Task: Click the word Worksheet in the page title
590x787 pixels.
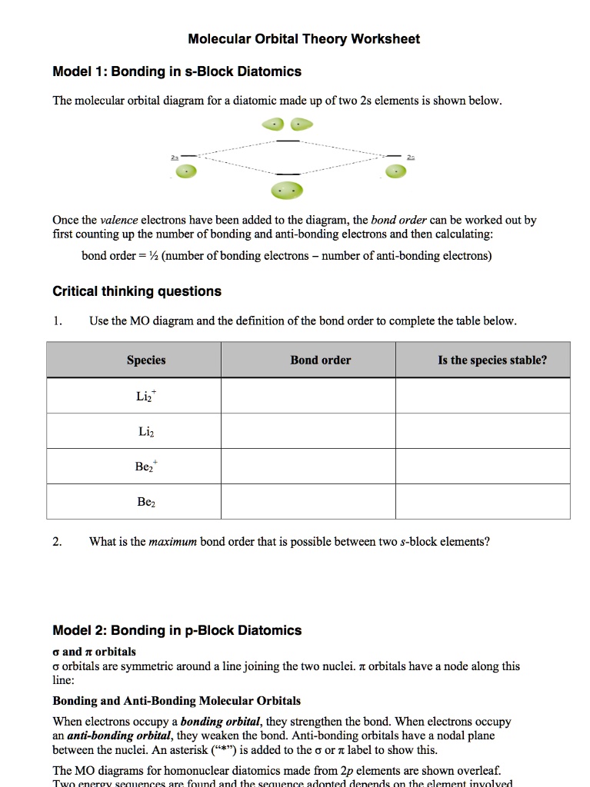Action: [385, 38]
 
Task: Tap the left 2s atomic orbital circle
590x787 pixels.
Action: [183, 172]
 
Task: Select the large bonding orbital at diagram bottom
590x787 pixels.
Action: [286, 190]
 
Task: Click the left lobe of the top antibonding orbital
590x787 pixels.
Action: [273, 124]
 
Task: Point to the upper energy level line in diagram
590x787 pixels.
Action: [288, 141]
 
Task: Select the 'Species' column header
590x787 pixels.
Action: [146, 360]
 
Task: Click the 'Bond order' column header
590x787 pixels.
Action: [320, 360]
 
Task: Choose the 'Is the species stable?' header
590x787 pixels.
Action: [492, 360]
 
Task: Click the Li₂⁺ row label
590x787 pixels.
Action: [146, 396]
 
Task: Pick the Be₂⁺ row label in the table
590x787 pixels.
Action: [146, 467]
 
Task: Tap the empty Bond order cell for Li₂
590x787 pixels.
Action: [308, 431]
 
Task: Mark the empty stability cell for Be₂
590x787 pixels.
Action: [483, 502]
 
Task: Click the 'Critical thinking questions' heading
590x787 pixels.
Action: [136, 291]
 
